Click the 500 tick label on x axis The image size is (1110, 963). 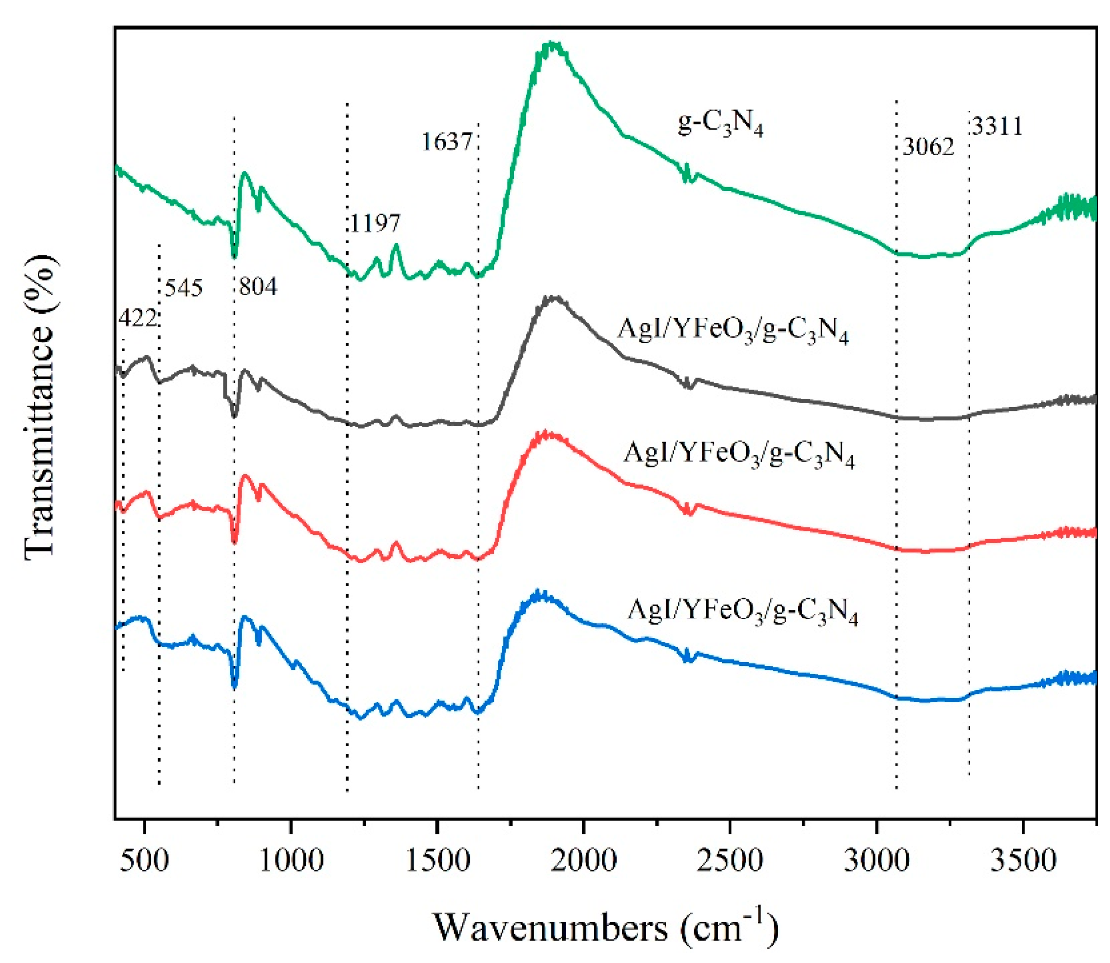pos(144,861)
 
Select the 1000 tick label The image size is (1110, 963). pos(291,861)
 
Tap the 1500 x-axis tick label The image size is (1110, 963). pos(438,861)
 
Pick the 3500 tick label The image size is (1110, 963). pos(1023,861)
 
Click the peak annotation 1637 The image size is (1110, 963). pos(446,142)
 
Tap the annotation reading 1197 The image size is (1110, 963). pos(375,223)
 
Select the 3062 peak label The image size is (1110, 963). pos(928,147)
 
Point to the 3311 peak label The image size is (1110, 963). pos(997,127)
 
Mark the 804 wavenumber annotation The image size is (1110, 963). pos(258,287)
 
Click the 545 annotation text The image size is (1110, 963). pos(184,288)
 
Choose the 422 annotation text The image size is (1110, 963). pos(137,318)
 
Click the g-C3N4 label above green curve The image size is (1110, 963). pos(720,125)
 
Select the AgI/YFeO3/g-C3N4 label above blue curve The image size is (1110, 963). pos(742,612)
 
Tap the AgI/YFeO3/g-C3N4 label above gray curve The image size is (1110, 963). pos(733,330)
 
